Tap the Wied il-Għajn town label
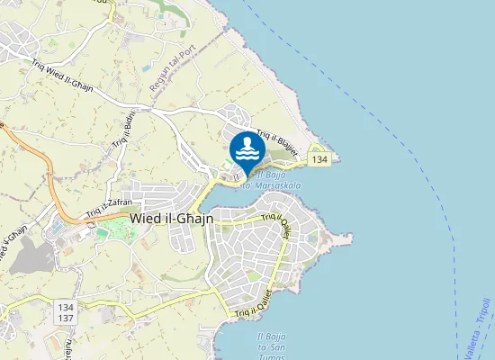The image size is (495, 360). coord(171,218)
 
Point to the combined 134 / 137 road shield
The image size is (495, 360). coord(66,313)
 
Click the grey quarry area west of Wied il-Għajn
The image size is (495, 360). coord(32,256)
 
